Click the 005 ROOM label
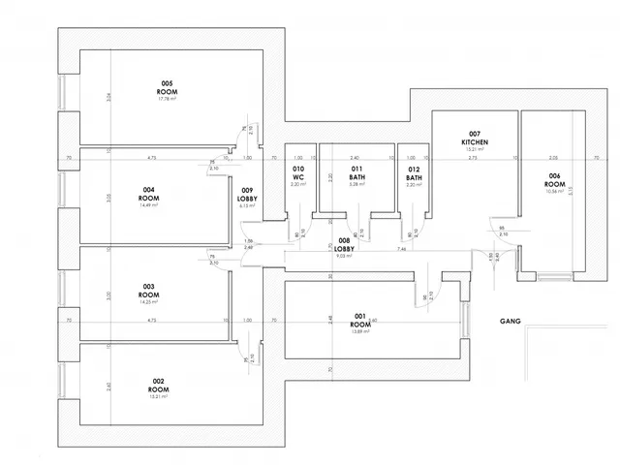click(x=168, y=87)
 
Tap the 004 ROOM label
click(x=148, y=193)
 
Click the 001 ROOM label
click(x=359, y=322)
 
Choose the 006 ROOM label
click(x=555, y=180)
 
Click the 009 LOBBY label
click(x=248, y=194)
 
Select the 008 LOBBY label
click(x=344, y=243)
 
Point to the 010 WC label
click(x=299, y=173)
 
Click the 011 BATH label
click(x=357, y=173)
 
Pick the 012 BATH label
click(x=415, y=173)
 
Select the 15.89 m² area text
click(x=359, y=332)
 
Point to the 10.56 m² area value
click(x=555, y=191)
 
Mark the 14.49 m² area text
click(x=148, y=203)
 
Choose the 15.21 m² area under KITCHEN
click(x=475, y=150)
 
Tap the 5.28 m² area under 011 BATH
click(x=357, y=184)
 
